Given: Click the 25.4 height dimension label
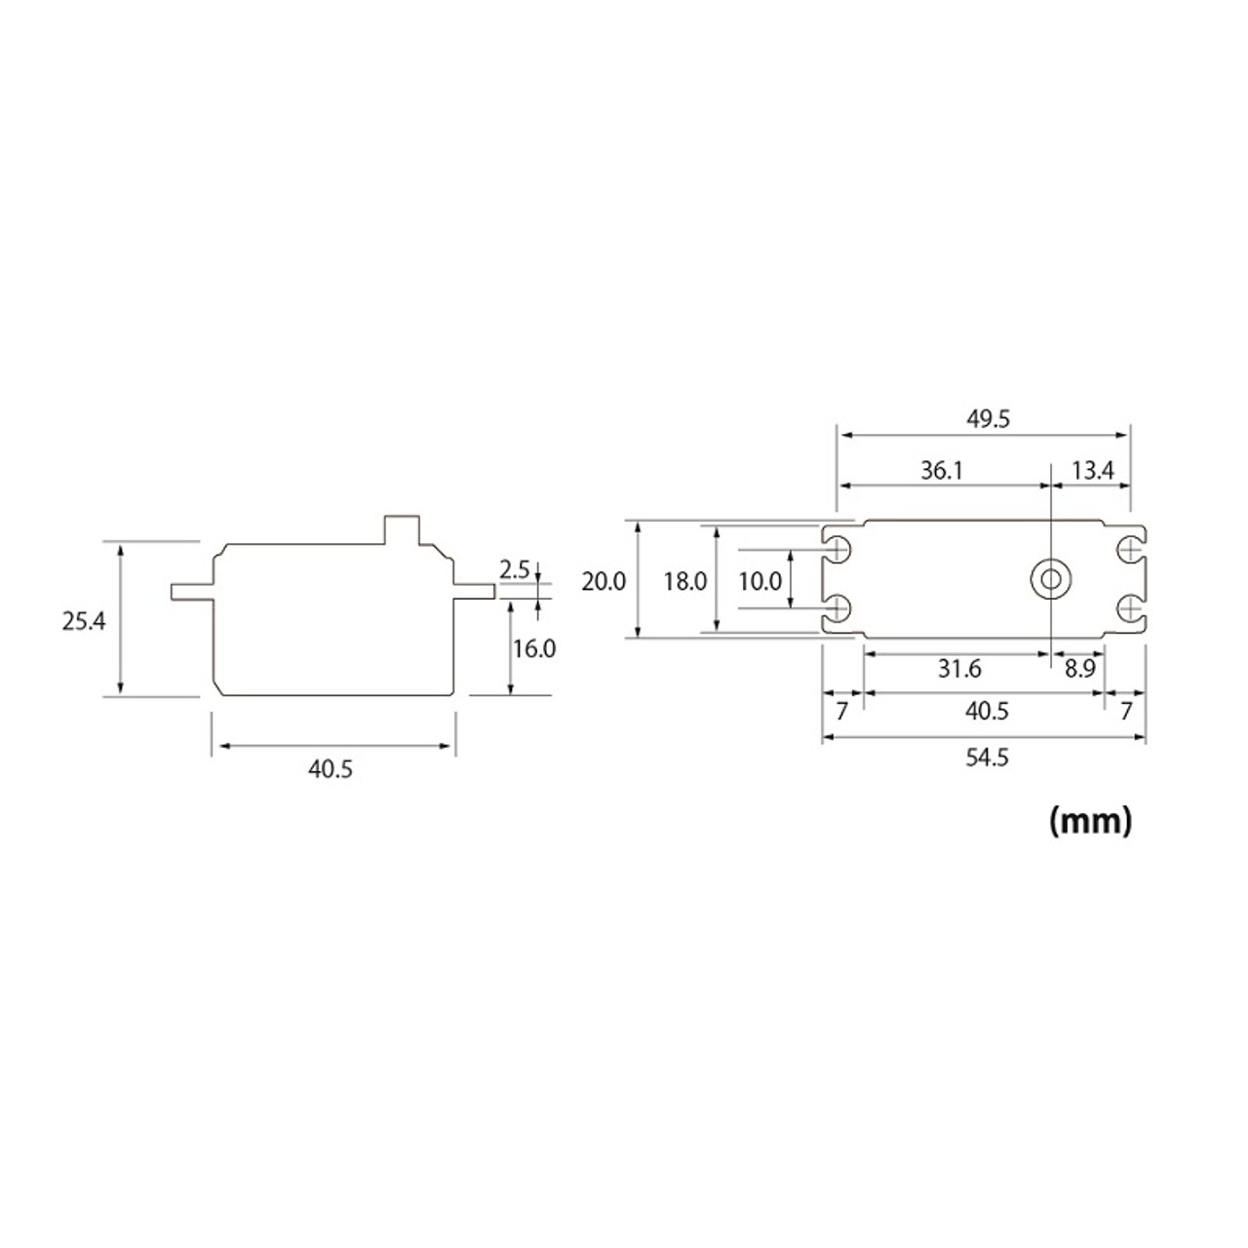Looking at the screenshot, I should click(84, 621).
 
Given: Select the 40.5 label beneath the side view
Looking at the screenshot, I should click(331, 769).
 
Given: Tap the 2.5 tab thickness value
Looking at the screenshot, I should click(514, 569).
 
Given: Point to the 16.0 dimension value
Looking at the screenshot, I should click(534, 648).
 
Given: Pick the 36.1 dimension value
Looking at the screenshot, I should click(942, 471).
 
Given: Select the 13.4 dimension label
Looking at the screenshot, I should click(1092, 471).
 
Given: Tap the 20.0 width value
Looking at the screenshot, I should click(604, 582).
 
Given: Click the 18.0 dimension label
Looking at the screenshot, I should click(684, 582).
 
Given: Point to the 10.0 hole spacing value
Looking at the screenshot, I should click(760, 582).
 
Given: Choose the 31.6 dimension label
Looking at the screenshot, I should click(959, 669).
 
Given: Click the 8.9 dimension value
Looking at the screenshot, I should click(1079, 669).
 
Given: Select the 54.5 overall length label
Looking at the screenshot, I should click(987, 758).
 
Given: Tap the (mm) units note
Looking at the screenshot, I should click(1090, 821).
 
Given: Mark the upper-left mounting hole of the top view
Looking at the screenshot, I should click(838, 550).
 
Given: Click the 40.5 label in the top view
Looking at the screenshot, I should click(987, 712).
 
